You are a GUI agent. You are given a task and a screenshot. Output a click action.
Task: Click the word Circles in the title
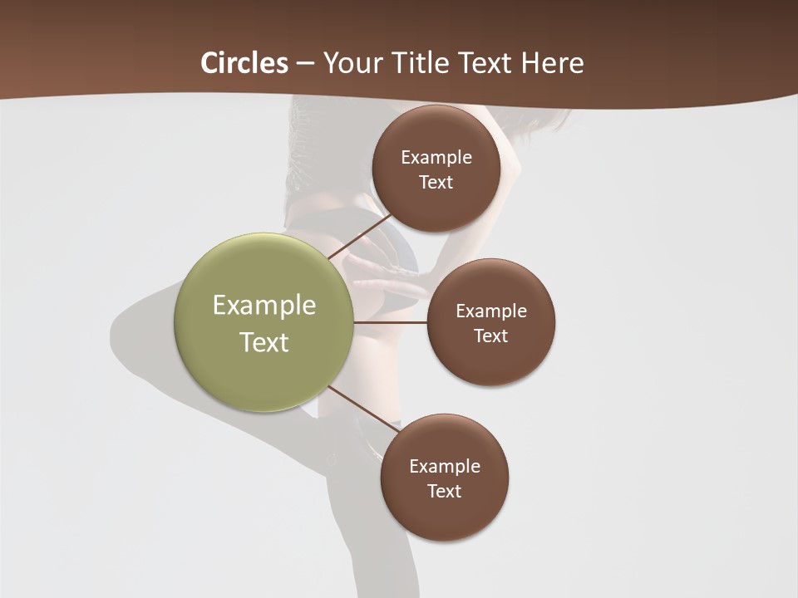pos(244,63)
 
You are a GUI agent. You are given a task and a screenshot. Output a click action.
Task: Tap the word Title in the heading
pos(420,63)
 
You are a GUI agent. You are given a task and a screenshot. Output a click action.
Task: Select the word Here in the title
pos(553,63)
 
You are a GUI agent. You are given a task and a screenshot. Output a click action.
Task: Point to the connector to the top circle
pos(359,237)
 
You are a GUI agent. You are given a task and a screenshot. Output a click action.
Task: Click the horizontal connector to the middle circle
pos(391,322)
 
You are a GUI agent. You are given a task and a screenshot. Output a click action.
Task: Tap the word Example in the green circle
pos(264,306)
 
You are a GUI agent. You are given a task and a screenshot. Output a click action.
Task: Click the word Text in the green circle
pos(264,342)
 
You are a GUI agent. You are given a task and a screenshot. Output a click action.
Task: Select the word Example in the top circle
pos(436,158)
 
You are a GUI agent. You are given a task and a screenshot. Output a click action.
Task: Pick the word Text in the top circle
pos(436,183)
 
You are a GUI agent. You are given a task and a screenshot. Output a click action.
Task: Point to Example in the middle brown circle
pos(491,311)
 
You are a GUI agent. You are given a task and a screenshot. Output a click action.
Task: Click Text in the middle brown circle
pos(490,336)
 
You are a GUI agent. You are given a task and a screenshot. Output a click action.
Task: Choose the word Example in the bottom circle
pos(445,467)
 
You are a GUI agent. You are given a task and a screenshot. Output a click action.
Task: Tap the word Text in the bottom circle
pos(444,492)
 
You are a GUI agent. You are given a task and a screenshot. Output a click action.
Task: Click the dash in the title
pos(305,63)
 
